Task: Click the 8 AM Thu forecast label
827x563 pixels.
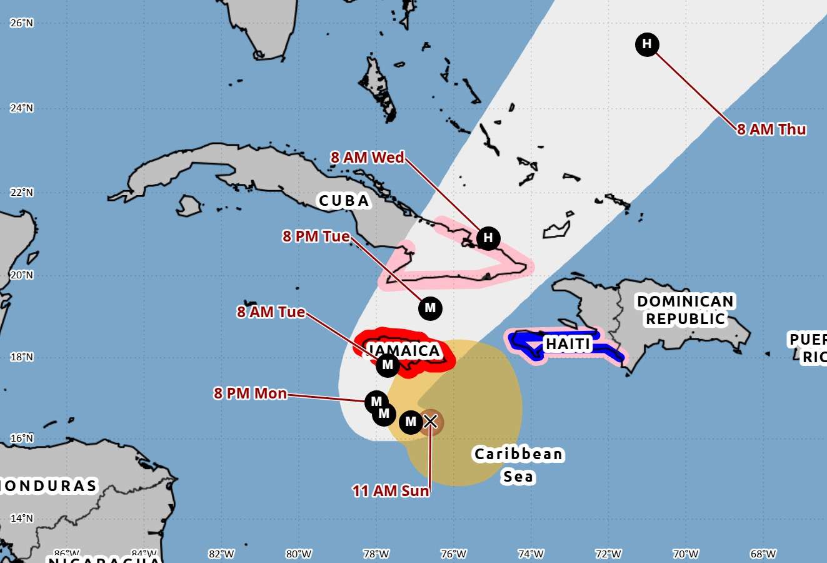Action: tap(771, 129)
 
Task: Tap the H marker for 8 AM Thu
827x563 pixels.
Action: tap(647, 44)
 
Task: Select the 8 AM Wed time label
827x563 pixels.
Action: tap(368, 158)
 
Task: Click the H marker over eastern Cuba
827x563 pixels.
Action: tap(488, 238)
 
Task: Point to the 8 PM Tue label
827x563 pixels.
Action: tap(316, 236)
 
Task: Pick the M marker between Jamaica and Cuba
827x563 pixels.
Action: tap(430, 308)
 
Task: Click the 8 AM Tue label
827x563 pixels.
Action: tap(271, 312)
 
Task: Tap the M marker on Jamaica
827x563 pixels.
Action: tap(388, 365)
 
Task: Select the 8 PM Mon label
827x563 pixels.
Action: tap(250, 393)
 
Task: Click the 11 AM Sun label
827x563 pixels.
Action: tap(391, 491)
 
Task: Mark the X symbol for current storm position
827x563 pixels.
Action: tap(430, 422)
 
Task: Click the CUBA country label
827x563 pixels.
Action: tap(344, 201)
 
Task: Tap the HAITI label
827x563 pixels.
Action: tap(568, 344)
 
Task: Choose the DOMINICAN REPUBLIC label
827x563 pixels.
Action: tap(685, 310)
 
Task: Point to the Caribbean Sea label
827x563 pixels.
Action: tap(519, 465)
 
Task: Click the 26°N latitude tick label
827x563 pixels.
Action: tap(21, 23)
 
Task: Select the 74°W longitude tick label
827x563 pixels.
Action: tap(531, 554)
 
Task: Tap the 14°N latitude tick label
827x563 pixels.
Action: tap(21, 518)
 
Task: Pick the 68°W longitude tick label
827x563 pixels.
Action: tap(763, 554)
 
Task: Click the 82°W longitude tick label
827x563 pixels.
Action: tap(221, 554)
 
